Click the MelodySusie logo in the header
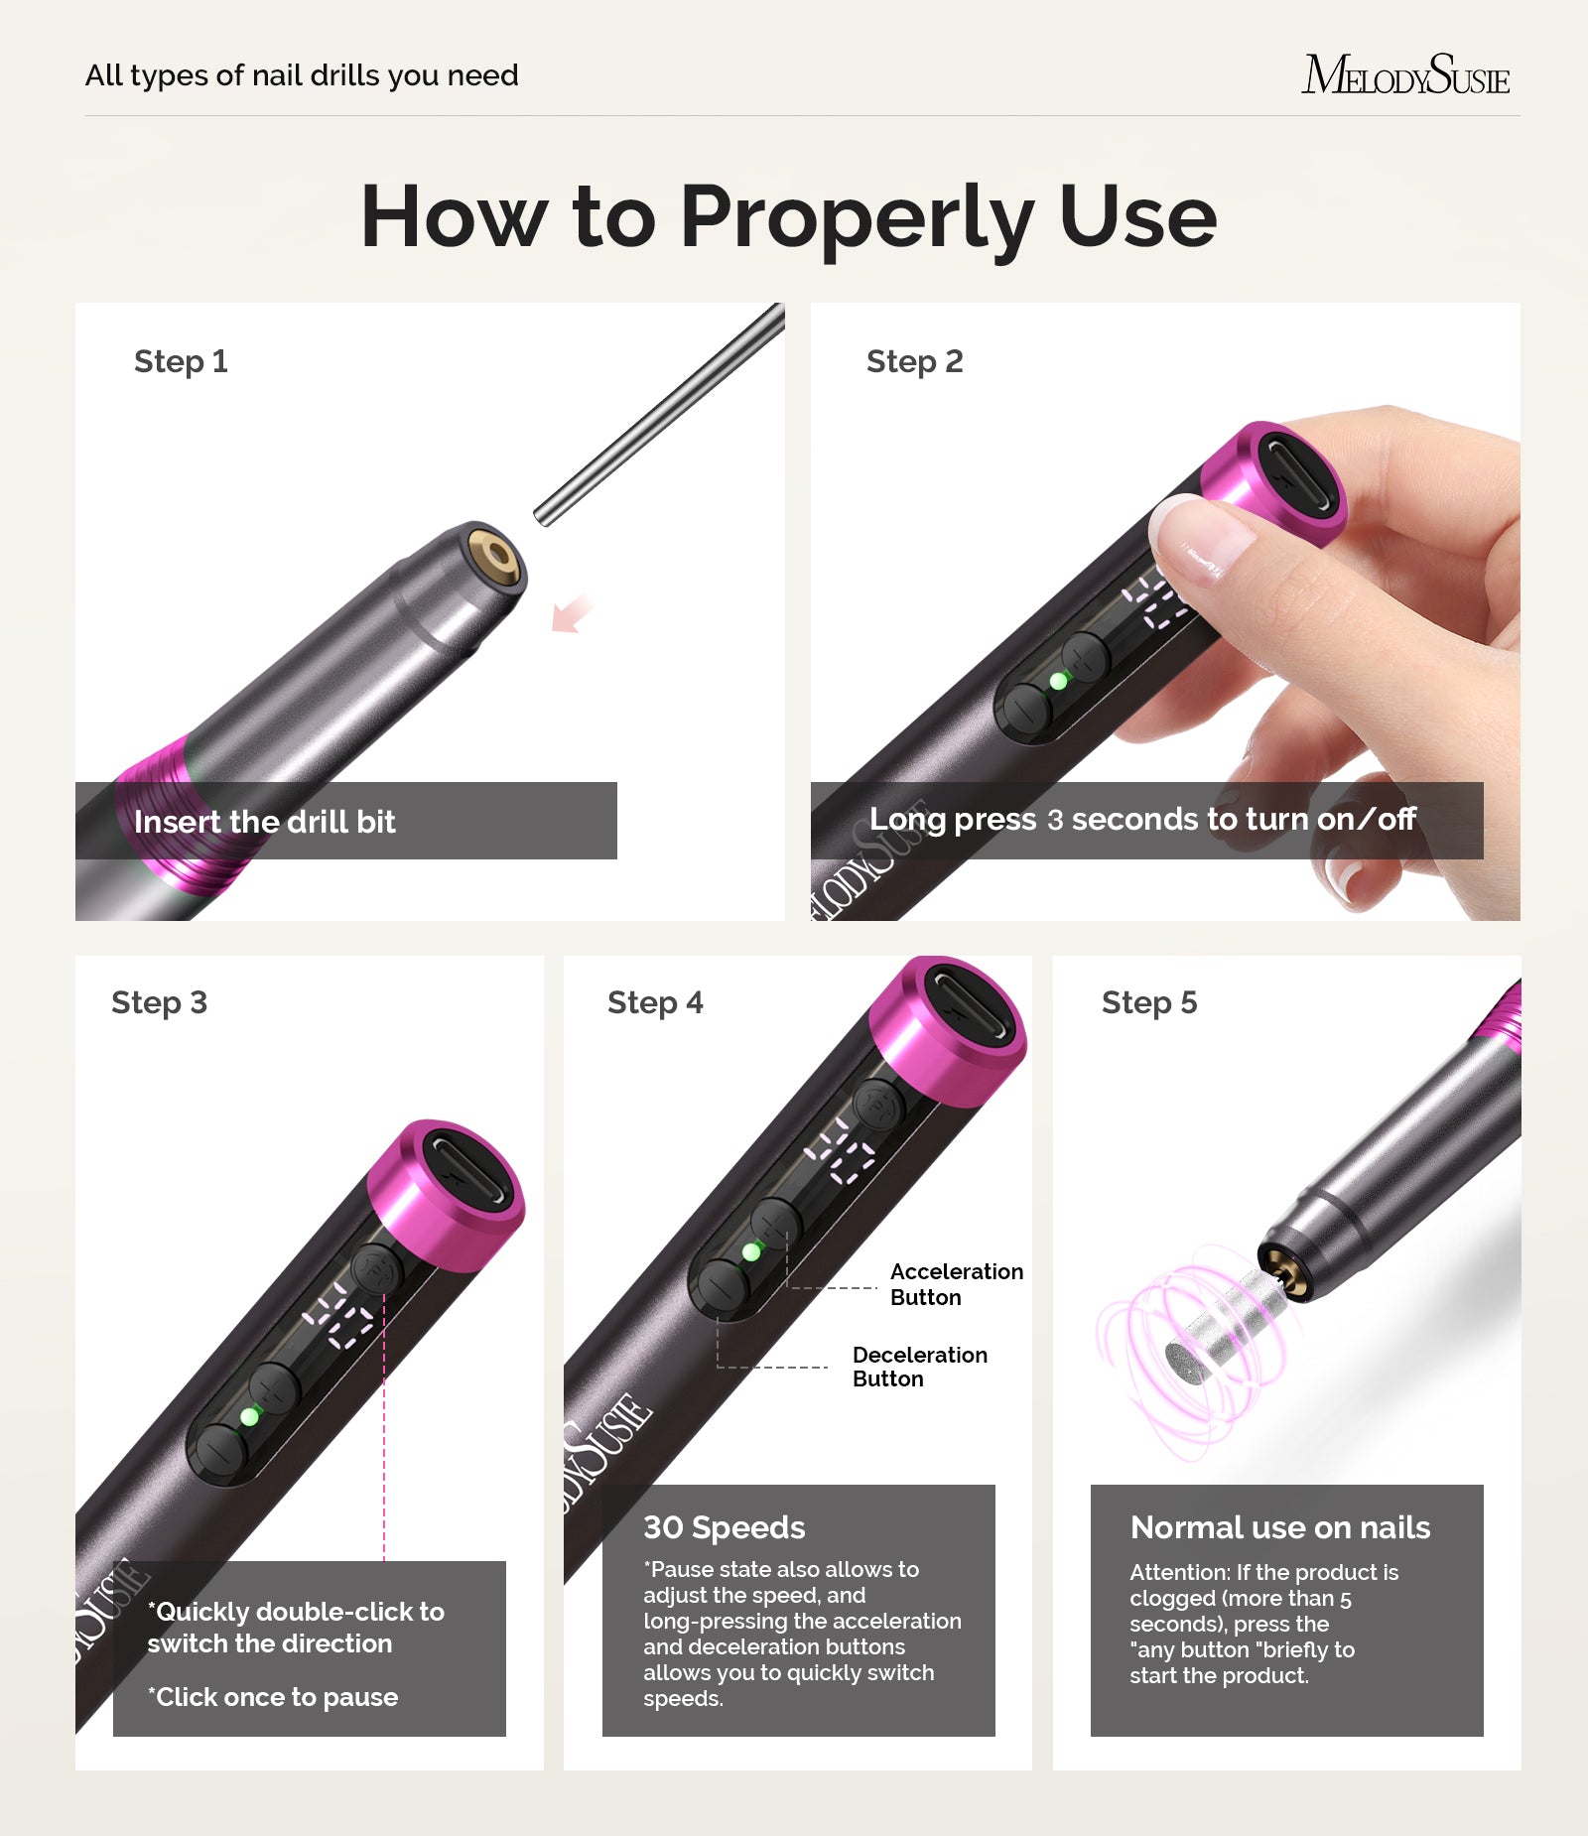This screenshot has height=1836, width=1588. [1405, 75]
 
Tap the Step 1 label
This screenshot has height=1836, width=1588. [181, 361]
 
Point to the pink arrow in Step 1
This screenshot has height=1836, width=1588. [571, 614]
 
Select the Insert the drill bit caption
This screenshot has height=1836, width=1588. [264, 822]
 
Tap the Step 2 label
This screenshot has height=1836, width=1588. [914, 361]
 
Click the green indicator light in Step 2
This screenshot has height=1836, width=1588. [1058, 681]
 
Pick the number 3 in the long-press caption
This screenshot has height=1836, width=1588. [1055, 820]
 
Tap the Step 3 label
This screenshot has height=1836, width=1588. [159, 1002]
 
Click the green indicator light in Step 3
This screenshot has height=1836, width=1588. [249, 1416]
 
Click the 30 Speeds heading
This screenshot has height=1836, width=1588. [724, 1527]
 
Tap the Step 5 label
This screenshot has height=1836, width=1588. [1148, 1002]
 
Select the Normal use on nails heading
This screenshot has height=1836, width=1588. [1280, 1527]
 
